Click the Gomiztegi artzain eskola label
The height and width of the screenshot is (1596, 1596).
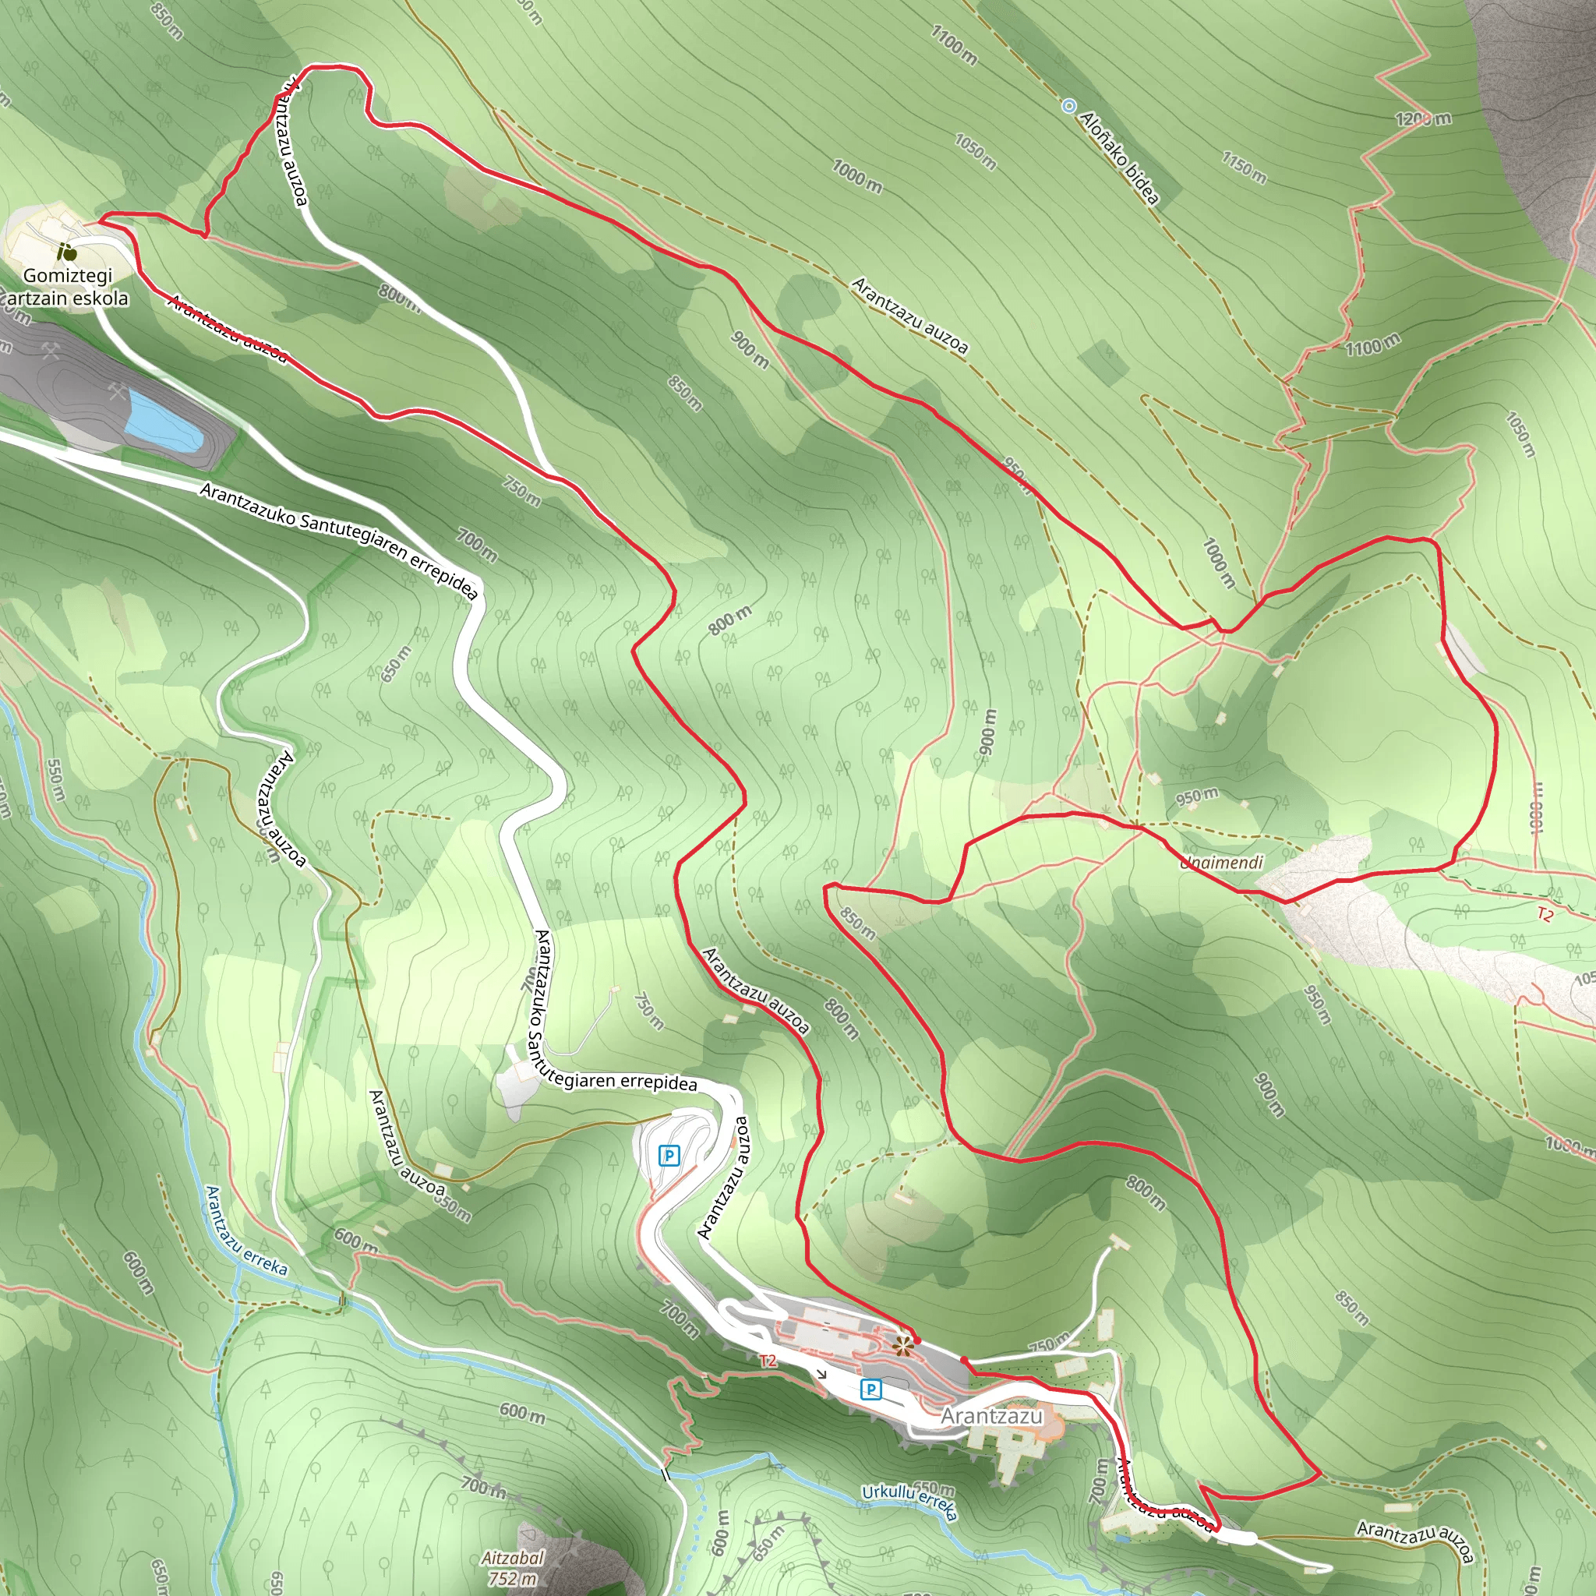[68, 287]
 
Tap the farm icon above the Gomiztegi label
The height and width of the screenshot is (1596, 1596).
[67, 251]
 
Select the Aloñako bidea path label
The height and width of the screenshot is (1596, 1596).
[1119, 157]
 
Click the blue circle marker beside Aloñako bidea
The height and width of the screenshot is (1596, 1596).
[1069, 106]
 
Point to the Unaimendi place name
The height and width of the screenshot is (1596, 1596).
[1221, 863]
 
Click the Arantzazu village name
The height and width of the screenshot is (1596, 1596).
[991, 1416]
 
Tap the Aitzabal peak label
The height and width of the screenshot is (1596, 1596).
[513, 1558]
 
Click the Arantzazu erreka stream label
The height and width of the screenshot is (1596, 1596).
[246, 1230]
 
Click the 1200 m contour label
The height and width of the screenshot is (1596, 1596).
[1423, 119]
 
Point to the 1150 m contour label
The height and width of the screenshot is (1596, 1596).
[1244, 168]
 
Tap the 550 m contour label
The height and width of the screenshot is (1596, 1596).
[55, 780]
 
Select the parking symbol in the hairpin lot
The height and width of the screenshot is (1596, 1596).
[669, 1155]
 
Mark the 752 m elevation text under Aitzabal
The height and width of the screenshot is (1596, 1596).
[513, 1579]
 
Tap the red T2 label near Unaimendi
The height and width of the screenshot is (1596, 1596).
[1545, 913]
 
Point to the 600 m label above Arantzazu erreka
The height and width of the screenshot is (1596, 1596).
[356, 1239]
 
